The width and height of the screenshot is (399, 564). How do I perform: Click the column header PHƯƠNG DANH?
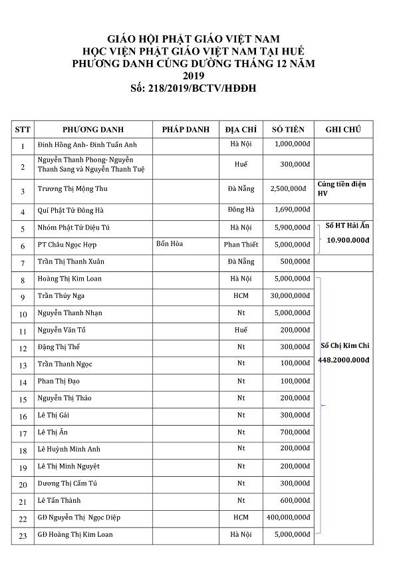coord(93,129)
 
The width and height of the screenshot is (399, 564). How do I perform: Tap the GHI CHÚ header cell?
coord(343,129)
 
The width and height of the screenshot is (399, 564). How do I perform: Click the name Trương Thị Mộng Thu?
coord(73,189)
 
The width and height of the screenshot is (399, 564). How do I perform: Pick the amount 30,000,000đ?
coord(288,295)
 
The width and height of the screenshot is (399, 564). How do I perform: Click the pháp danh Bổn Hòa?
coord(170,244)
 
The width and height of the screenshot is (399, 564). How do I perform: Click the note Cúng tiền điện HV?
coord(341,188)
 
